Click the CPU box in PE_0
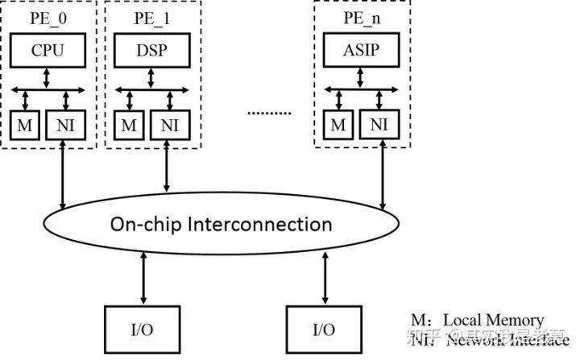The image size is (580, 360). (48, 52)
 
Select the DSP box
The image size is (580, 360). (152, 52)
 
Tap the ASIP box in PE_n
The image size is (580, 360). (362, 52)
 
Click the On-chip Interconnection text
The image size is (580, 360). (221, 223)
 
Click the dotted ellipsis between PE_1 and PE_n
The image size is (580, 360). (268, 113)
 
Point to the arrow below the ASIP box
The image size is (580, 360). (362, 78)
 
